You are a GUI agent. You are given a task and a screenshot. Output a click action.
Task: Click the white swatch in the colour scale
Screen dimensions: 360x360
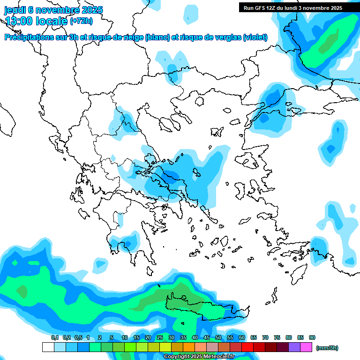[x=48, y=347]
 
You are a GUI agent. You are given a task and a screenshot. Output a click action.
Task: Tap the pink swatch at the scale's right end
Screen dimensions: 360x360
[x=306, y=347]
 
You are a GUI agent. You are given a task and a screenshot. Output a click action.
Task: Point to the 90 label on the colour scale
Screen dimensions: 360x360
[x=312, y=337]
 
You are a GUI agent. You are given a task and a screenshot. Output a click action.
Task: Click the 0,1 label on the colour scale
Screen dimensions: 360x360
[x=54, y=337]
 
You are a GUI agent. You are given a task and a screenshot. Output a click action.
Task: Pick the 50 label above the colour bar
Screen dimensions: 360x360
[x=218, y=337]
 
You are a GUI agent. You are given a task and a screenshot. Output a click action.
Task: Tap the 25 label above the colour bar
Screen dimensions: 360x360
[x=160, y=337]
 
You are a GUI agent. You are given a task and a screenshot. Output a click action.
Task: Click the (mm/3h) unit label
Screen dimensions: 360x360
[x=327, y=348]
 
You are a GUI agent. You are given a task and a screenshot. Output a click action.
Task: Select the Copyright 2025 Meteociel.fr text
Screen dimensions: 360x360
[x=199, y=357]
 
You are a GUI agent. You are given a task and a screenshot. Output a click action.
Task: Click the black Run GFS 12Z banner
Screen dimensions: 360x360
[x=292, y=8]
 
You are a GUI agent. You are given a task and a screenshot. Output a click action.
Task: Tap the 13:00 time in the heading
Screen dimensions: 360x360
[x=19, y=21]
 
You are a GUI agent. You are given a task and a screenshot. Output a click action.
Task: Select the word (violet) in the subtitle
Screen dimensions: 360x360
[x=255, y=37]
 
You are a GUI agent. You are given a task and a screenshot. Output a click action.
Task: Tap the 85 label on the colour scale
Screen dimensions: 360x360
[x=300, y=337]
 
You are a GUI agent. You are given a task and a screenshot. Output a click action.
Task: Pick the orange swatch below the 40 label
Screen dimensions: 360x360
[x=189, y=347]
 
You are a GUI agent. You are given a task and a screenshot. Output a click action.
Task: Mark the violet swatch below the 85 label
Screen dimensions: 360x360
[x=294, y=347]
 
